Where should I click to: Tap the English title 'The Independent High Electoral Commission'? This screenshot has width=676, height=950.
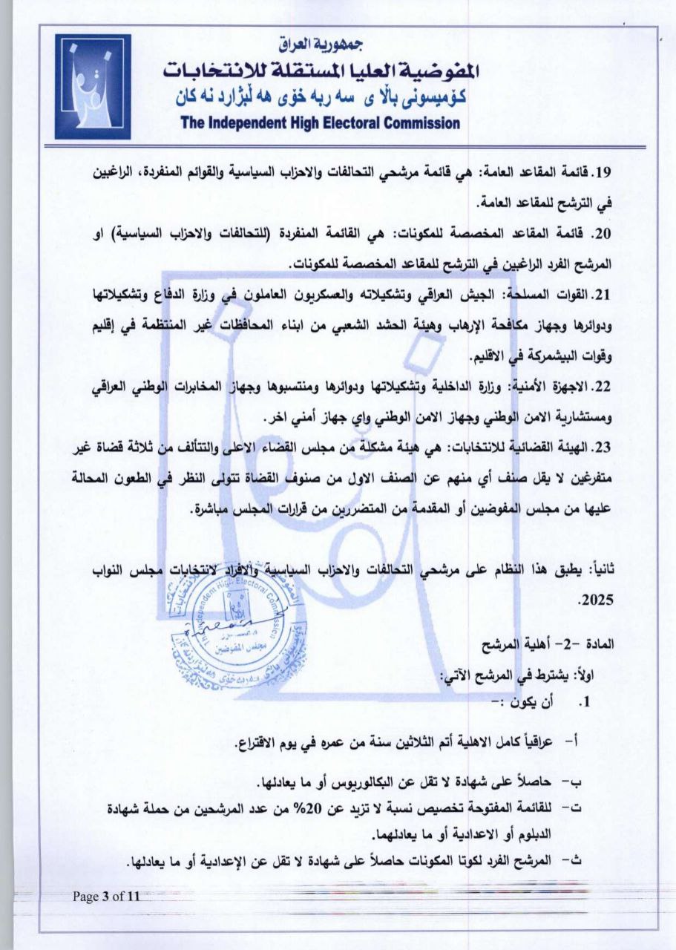point(321,123)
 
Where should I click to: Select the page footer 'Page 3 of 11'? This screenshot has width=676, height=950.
point(106,896)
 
